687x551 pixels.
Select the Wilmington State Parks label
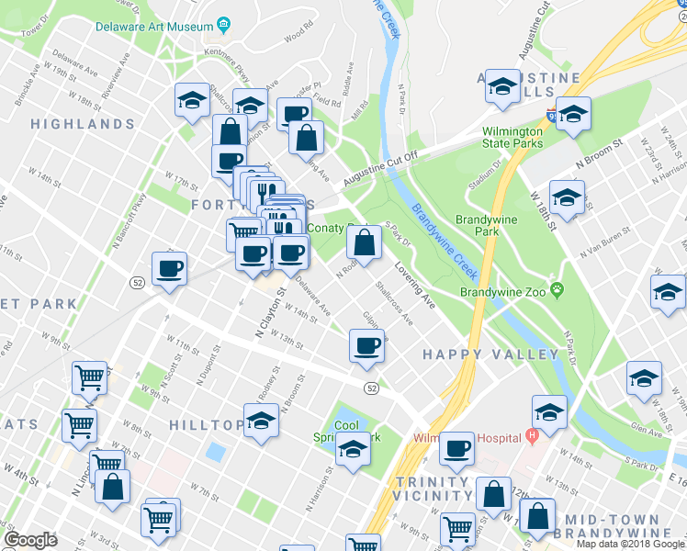pos(514,137)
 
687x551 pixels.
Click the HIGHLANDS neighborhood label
pos(83,123)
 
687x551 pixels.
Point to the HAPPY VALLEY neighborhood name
pos(490,354)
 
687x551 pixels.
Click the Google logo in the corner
pos(30,540)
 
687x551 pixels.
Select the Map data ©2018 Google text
pos(630,544)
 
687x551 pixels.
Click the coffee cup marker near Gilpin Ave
pos(366,346)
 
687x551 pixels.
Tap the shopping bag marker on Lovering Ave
pos(365,244)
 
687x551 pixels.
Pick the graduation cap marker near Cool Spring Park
pos(354,449)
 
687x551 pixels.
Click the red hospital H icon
pos(532,435)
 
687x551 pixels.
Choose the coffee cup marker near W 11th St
pos(169,269)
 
